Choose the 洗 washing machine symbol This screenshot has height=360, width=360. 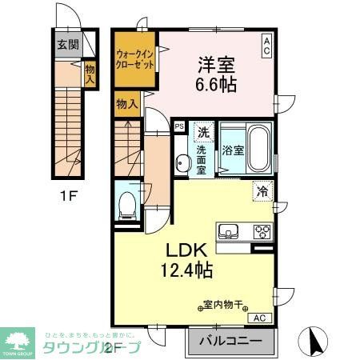pyautogui.click(x=204, y=132)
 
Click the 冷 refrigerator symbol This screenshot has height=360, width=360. pyautogui.click(x=262, y=190)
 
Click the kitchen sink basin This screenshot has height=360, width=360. pyautogui.click(x=230, y=233)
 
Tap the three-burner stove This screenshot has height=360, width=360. pyautogui.click(x=262, y=233)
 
